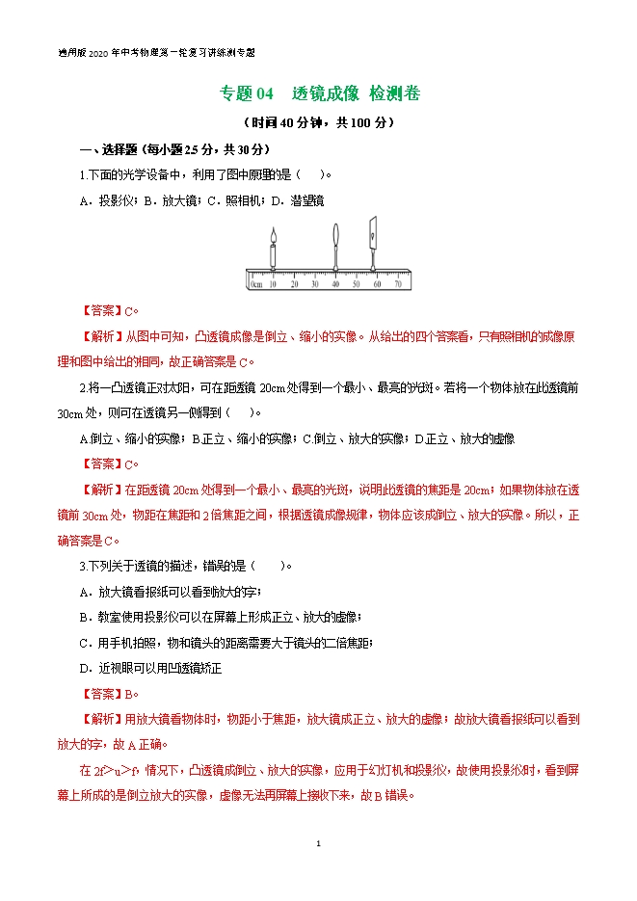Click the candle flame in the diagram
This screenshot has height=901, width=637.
274,235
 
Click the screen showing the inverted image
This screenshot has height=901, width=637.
372,236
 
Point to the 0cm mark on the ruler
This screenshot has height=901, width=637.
255,284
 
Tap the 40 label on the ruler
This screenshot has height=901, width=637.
334,284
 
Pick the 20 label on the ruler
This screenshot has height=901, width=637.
293,284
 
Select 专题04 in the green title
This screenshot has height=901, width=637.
248,93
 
